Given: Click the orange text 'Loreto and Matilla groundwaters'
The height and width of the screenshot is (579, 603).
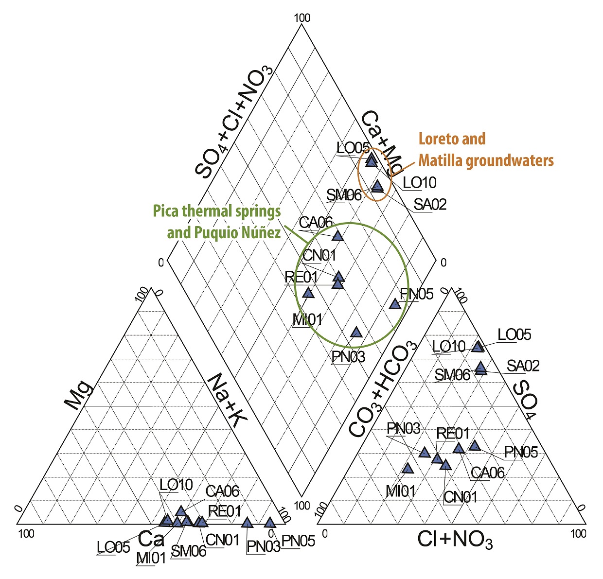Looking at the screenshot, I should pos(486,149).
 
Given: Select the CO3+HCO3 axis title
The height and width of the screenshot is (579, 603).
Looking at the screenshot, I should pos(384,389).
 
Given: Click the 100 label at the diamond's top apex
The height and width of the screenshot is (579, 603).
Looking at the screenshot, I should pos(302,18).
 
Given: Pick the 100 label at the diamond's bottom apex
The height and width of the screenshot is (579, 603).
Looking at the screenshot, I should pos(302,506).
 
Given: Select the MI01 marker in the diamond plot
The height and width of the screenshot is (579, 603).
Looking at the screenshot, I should pos(308,293).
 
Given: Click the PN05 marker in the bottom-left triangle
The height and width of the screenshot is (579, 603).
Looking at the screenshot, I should pos(270,523).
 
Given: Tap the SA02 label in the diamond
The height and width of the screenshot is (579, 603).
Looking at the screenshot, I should pos(430,205).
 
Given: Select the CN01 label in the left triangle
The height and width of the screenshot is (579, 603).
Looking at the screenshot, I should pos(222,540).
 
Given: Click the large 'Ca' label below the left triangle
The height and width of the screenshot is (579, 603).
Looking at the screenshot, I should pos(151,539).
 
